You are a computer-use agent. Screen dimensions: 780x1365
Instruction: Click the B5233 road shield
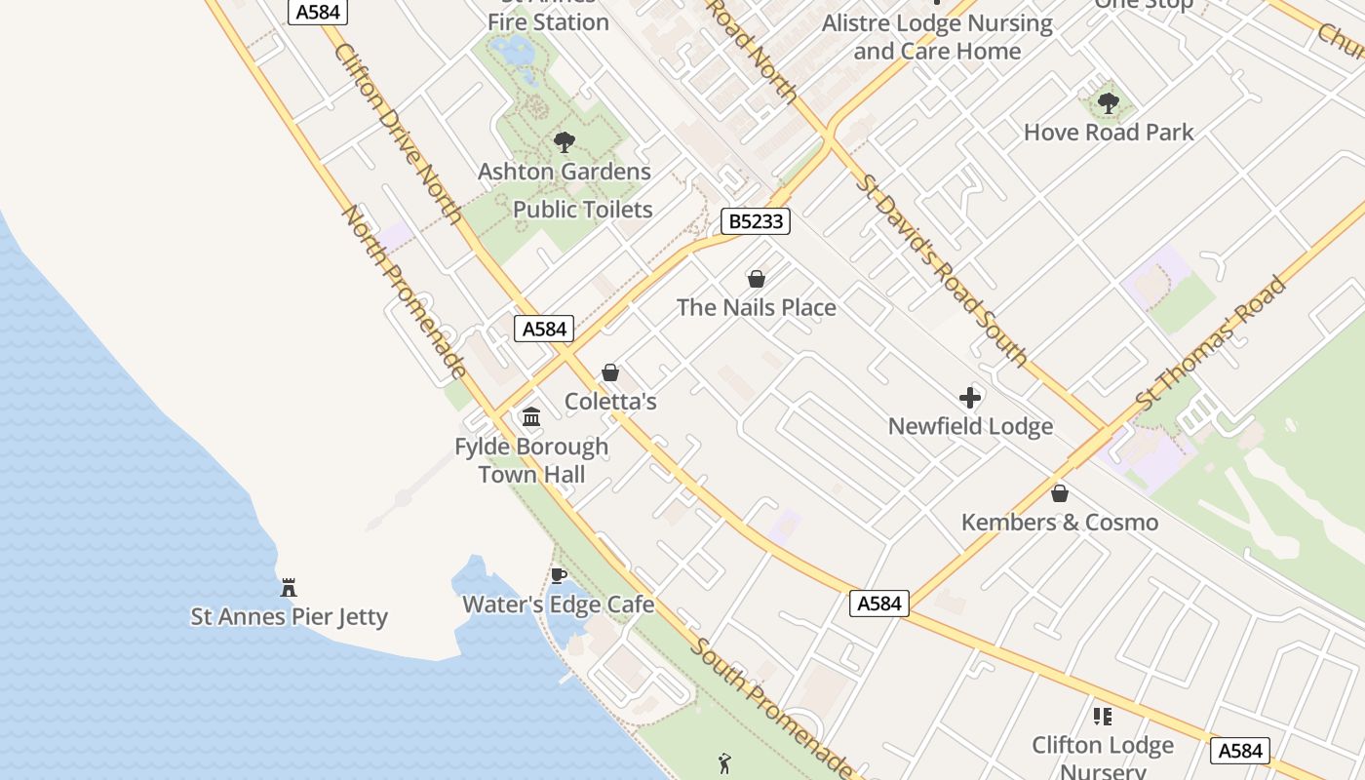coord(756,221)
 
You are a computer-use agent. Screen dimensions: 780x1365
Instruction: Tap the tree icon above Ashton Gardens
coord(564,142)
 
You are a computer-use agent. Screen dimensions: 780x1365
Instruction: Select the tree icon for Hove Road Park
coord(1108,102)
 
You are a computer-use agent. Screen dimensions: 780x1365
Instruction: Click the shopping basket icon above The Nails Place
coord(756,279)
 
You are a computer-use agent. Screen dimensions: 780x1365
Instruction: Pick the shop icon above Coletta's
coord(610,372)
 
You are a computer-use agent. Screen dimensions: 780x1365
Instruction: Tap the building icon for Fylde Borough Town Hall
coord(531,417)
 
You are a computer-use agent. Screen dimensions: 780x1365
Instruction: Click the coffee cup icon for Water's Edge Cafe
coord(558,575)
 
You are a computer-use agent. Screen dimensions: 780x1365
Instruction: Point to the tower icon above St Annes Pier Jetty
coord(289,587)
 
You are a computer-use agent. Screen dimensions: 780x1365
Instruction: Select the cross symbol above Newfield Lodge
coord(969,398)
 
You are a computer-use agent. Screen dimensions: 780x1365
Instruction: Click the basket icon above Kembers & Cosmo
coord(1060,493)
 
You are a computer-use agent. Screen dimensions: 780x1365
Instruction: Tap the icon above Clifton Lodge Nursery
coord(1103,717)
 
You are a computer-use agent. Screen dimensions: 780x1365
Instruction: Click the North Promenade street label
coord(404,292)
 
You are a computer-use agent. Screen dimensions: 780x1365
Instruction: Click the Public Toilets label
coord(582,210)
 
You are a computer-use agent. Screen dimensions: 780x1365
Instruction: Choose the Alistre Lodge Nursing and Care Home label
coord(937,37)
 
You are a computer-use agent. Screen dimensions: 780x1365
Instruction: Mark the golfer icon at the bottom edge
coord(723,763)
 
